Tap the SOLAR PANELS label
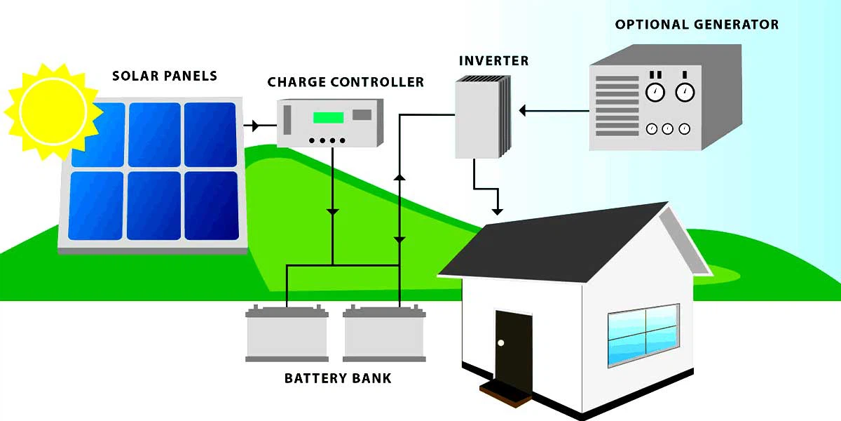point(165,76)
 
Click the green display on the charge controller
point(328,117)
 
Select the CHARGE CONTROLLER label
point(346,82)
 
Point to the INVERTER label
point(493,60)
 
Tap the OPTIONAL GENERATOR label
point(697,25)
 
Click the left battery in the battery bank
point(287,335)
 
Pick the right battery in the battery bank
point(384,335)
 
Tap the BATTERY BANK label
point(338,379)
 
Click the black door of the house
point(513,347)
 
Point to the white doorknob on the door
point(501,342)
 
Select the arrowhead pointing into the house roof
point(498,210)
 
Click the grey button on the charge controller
point(362,114)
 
